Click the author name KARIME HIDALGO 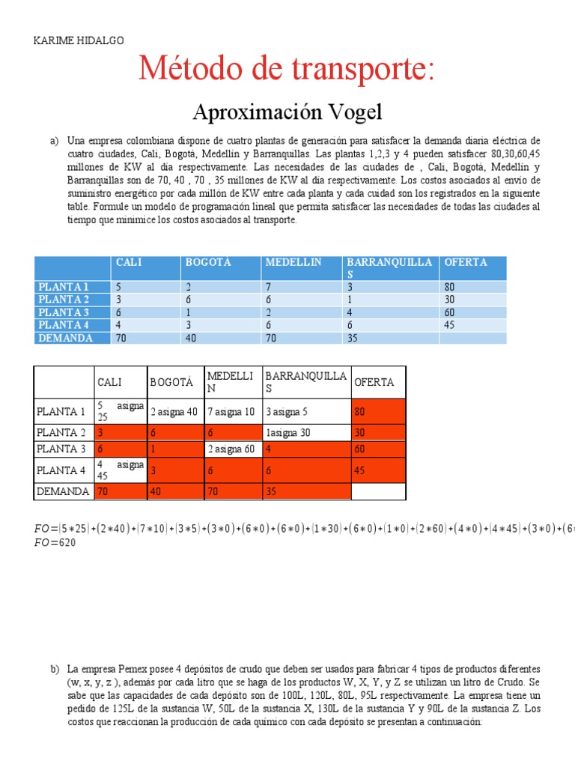(x=79, y=40)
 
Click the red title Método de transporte (x=287, y=70)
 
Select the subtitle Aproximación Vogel (x=287, y=112)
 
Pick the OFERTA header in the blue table (x=465, y=262)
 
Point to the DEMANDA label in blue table (x=65, y=338)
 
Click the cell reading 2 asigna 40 (x=174, y=412)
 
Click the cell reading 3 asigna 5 (x=286, y=412)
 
